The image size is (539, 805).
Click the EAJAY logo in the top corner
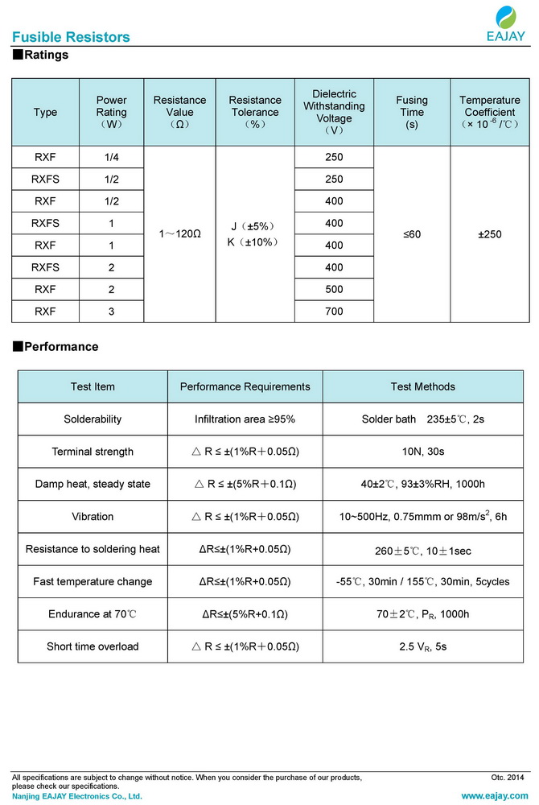click(x=506, y=23)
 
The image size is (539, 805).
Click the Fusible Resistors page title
click(x=71, y=37)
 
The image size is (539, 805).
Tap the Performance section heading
click(x=56, y=347)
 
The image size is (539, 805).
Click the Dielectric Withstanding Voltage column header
click(x=334, y=112)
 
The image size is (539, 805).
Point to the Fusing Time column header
click(x=412, y=112)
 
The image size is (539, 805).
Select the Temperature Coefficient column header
click(x=490, y=112)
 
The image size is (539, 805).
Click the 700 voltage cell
click(x=334, y=312)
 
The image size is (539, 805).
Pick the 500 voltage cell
click(x=334, y=289)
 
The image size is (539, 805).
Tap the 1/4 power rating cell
click(x=112, y=157)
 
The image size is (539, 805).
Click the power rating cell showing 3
click(x=112, y=312)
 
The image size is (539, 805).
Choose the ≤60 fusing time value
click(x=412, y=234)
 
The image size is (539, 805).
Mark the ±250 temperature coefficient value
click(x=490, y=234)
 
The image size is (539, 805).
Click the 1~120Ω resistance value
click(x=179, y=234)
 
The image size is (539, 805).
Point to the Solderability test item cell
click(x=93, y=419)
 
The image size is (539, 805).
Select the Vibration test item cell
click(x=93, y=517)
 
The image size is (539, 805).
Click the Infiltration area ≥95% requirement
click(x=245, y=419)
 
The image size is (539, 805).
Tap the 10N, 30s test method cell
click(x=422, y=452)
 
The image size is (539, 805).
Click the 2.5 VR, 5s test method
click(x=422, y=646)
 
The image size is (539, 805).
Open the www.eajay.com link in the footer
click(x=495, y=796)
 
